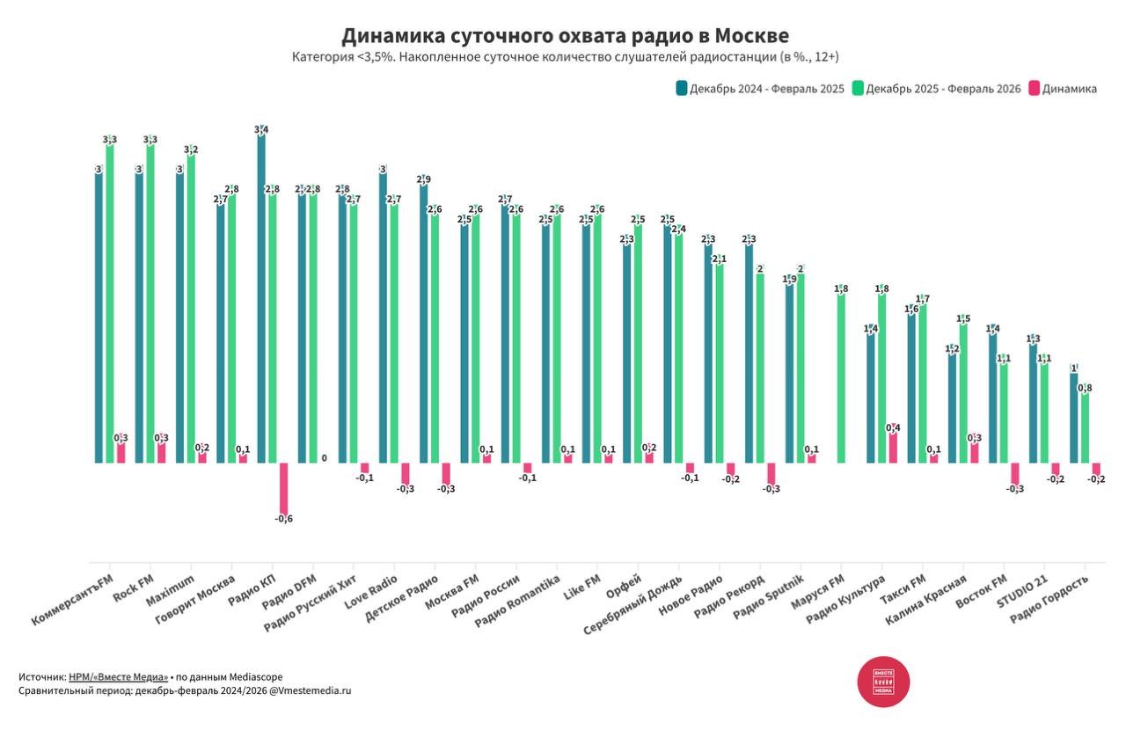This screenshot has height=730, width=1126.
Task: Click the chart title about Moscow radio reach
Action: click(x=565, y=36)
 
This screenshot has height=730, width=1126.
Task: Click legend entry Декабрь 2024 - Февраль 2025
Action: click(x=760, y=89)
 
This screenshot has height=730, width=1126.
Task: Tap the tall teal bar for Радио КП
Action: click(x=261, y=299)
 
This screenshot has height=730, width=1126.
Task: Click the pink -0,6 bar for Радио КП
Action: click(x=283, y=488)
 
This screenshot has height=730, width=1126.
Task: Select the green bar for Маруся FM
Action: click(x=841, y=378)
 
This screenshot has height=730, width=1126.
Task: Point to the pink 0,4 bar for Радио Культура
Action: click(x=893, y=447)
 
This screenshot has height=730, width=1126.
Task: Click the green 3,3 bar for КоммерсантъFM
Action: click(x=110, y=303)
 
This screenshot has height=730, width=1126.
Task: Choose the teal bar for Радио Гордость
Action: click(x=1074, y=418)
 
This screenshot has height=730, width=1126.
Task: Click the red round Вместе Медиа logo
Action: click(x=883, y=682)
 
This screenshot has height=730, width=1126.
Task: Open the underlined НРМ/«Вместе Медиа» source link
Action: click(x=119, y=677)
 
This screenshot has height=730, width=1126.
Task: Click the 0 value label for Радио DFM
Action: click(x=324, y=458)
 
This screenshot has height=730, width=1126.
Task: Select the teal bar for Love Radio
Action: click(x=383, y=317)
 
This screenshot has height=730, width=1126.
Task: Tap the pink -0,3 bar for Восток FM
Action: click(x=1014, y=473)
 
